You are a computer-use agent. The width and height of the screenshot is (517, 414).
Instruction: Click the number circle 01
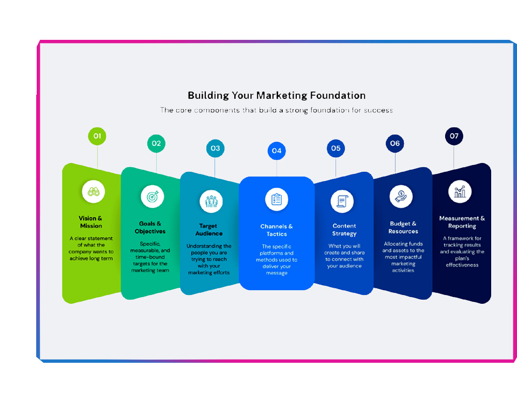coord(97,137)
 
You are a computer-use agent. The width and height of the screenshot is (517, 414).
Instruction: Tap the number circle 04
coord(277,151)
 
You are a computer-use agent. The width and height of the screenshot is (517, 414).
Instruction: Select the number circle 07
coord(454,136)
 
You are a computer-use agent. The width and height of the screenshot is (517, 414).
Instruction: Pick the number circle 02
coord(156,143)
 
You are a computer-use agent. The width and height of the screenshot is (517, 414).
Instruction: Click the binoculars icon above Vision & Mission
coord(94,191)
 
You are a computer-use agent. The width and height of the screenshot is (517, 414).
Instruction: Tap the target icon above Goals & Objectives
coord(153,197)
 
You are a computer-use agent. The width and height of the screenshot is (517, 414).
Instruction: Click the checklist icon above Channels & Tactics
coord(277,199)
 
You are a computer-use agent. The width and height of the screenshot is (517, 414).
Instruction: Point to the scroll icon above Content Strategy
coord(342,201)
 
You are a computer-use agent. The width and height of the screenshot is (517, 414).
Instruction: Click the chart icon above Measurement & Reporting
coord(460,191)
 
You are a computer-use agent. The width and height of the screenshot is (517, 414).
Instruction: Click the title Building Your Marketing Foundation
coord(277,96)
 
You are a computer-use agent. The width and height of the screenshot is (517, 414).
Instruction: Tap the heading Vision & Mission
coord(91,222)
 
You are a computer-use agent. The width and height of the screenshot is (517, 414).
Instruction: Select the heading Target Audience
coord(209,230)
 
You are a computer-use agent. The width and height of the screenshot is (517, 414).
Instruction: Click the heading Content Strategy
coord(344,230)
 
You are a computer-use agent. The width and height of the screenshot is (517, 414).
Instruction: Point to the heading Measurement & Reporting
coord(462,222)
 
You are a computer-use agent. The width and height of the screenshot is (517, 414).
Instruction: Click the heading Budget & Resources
coord(403,228)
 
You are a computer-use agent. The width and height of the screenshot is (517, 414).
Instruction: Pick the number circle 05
coord(336,149)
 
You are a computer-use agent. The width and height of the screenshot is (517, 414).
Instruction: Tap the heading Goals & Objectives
coord(150,228)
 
